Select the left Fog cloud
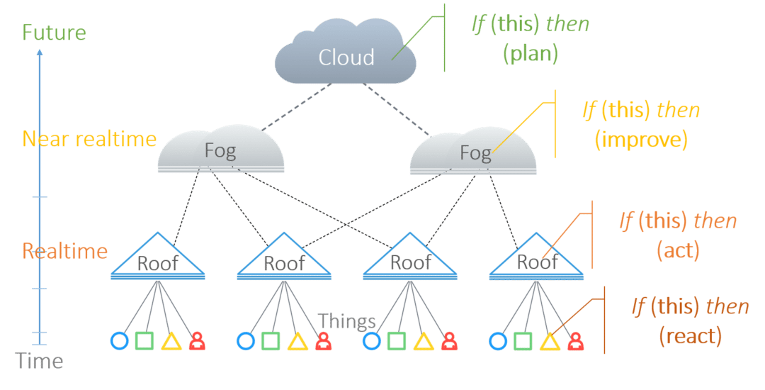point(220,152)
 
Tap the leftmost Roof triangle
point(158,260)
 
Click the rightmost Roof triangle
point(538,260)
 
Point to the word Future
point(54,33)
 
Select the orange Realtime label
point(65,252)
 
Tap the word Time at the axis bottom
point(40,362)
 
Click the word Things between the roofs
point(346,322)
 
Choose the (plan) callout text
point(531,55)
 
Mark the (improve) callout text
point(641,140)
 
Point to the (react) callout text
point(690,335)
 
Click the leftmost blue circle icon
point(119,342)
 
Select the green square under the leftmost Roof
point(144,342)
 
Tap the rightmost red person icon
point(577,342)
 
